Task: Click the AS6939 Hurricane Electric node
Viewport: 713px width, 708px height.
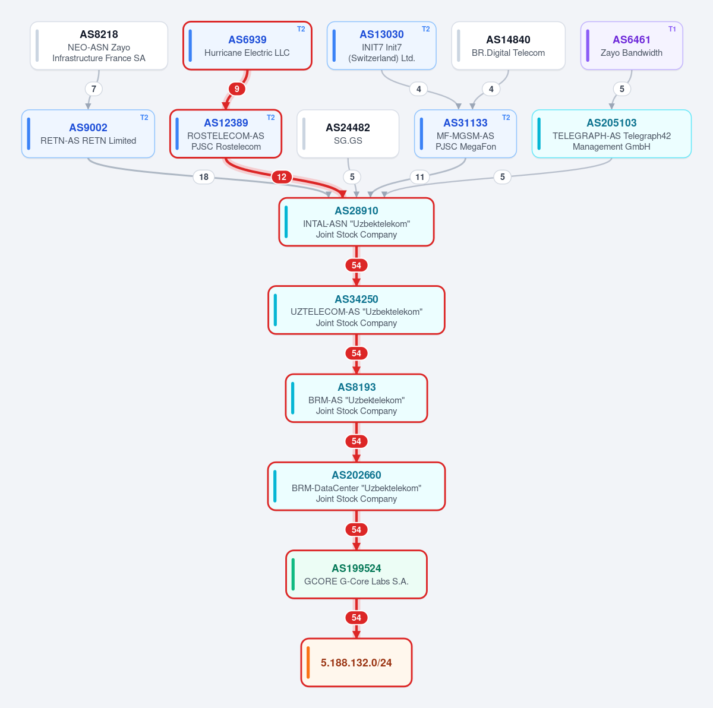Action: pyautogui.click(x=247, y=46)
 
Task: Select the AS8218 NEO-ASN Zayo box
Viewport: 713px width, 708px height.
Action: pyautogui.click(x=99, y=46)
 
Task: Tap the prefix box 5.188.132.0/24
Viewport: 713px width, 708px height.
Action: pyautogui.click(x=356, y=662)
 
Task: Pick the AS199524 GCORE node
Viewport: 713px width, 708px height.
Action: pyautogui.click(x=356, y=574)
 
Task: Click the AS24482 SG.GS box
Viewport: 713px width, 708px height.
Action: pyautogui.click(x=348, y=134)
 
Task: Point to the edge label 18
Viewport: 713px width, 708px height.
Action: pyautogui.click(x=204, y=177)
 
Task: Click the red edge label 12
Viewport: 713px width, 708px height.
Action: pyautogui.click(x=282, y=177)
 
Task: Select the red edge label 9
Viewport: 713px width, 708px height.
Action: pyautogui.click(x=237, y=88)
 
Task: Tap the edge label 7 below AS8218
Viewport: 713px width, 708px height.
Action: pyautogui.click(x=94, y=88)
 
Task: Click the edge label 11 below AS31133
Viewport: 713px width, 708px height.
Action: pyautogui.click(x=419, y=177)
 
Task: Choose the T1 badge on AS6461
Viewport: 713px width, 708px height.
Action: pyautogui.click(x=672, y=29)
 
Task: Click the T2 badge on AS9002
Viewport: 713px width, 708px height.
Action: pyautogui.click(x=144, y=117)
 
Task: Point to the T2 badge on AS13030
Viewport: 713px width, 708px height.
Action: pyautogui.click(x=425, y=29)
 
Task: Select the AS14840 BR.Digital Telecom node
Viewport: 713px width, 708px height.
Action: pyautogui.click(x=508, y=46)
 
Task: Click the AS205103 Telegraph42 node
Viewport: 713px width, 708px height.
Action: pyautogui.click(x=611, y=134)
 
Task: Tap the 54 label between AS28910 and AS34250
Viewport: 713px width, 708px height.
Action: pyautogui.click(x=356, y=265)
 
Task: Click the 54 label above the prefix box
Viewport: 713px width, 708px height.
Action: pyautogui.click(x=356, y=617)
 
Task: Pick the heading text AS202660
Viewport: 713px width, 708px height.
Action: pyautogui.click(x=356, y=475)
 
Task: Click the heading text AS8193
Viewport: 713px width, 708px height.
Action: pyautogui.click(x=356, y=387)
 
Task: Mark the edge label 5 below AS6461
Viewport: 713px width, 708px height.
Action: pyautogui.click(x=621, y=88)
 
